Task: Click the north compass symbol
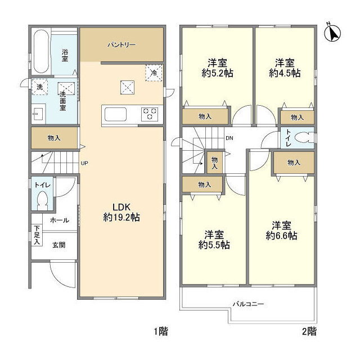click(x=332, y=33)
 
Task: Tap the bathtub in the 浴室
click(x=41, y=51)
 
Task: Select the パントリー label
click(x=121, y=44)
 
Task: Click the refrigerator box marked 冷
click(x=154, y=73)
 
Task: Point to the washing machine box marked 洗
click(x=39, y=87)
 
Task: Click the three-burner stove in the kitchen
click(x=150, y=114)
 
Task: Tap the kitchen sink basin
click(x=115, y=114)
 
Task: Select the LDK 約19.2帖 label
click(x=121, y=212)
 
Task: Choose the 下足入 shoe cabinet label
click(x=37, y=235)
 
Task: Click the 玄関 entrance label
click(x=59, y=245)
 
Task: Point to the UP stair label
click(x=84, y=163)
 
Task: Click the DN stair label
click(x=229, y=138)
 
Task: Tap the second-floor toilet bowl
click(x=304, y=138)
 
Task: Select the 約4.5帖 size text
click(x=285, y=73)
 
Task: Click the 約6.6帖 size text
click(x=281, y=236)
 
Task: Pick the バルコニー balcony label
click(x=249, y=304)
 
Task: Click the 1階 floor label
click(x=161, y=331)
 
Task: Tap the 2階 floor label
click(x=309, y=331)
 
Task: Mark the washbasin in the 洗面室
click(x=38, y=114)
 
